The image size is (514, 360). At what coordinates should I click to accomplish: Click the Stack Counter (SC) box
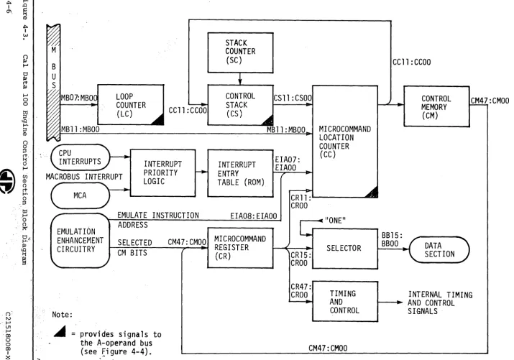click(x=240, y=52)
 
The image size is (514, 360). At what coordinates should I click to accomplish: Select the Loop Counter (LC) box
click(x=131, y=104)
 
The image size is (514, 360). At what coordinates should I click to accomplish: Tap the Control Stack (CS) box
click(x=240, y=105)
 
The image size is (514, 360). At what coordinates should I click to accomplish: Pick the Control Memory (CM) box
click(x=436, y=106)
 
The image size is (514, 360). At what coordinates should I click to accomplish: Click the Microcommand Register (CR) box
click(x=240, y=248)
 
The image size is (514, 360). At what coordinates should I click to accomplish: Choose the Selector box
click(x=345, y=249)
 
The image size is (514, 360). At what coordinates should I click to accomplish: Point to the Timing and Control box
click(x=345, y=301)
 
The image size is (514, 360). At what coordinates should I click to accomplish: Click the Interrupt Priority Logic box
click(x=163, y=173)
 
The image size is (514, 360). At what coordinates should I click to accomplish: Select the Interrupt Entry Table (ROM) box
click(x=240, y=173)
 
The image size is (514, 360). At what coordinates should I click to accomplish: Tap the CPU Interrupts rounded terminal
click(x=81, y=157)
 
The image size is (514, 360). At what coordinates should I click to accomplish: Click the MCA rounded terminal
click(x=81, y=195)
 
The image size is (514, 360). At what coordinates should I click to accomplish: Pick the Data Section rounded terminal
click(x=439, y=249)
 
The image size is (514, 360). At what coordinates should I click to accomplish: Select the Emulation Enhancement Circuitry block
click(x=81, y=241)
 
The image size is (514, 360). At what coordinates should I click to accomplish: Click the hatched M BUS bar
click(x=53, y=83)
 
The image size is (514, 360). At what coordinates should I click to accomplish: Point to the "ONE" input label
click(x=335, y=221)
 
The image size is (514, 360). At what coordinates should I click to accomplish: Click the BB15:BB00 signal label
click(x=392, y=239)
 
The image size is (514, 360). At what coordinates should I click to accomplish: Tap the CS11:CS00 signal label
click(x=293, y=98)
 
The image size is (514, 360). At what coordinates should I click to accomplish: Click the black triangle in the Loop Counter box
click(x=159, y=120)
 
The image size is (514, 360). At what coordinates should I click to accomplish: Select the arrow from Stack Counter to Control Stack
click(x=240, y=78)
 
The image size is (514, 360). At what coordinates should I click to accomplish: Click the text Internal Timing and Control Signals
click(x=440, y=303)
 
